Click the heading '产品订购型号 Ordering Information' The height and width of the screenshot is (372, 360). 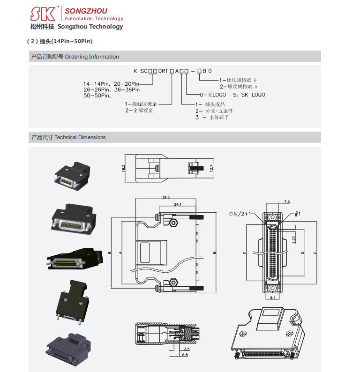pyautogui.click(x=75, y=57)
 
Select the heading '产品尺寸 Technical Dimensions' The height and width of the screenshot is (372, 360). pyautogui.click(x=68, y=137)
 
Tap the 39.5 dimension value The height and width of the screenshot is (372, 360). pyautogui.click(x=165, y=197)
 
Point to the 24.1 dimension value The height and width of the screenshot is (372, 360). pyautogui.click(x=178, y=204)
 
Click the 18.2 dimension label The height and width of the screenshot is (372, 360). pyautogui.click(x=123, y=168)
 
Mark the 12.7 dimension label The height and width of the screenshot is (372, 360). pyautogui.click(x=212, y=168)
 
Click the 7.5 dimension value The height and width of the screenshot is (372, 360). pyautogui.click(x=286, y=202)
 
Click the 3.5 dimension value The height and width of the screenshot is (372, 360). pyautogui.click(x=187, y=349)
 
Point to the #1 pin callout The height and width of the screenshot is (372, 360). pyautogui.click(x=297, y=214)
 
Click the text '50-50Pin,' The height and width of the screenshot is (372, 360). pyautogui.click(x=97, y=95)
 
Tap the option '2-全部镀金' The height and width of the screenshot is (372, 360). pyautogui.click(x=139, y=110)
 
